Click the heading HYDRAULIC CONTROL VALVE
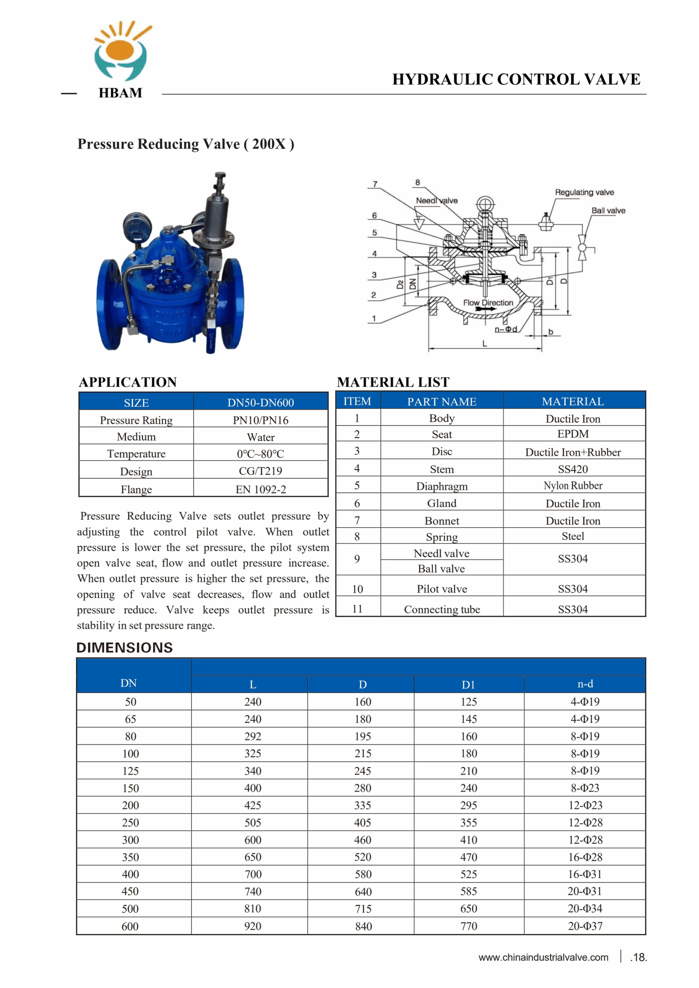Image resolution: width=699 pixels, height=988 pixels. click(x=516, y=80)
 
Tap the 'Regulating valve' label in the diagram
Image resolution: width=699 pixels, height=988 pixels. click(x=584, y=192)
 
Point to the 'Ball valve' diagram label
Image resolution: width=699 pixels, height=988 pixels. click(x=608, y=210)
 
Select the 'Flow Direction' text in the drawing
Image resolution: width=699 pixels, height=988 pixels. click(x=487, y=303)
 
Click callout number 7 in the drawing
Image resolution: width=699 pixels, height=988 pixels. click(x=375, y=184)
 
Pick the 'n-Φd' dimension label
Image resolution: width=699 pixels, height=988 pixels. click(x=505, y=329)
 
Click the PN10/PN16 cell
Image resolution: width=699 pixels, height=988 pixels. click(x=261, y=420)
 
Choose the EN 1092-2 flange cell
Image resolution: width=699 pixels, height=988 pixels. click(x=261, y=489)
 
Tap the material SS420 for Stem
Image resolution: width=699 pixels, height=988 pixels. click(x=572, y=469)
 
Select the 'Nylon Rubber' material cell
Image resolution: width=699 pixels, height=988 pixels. click(x=572, y=486)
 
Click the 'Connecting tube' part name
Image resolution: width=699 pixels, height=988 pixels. click(x=442, y=609)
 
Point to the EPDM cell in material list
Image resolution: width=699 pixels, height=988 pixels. click(x=572, y=434)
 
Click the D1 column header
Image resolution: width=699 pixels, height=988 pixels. click(x=468, y=685)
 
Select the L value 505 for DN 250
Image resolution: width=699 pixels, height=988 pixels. click(x=253, y=823)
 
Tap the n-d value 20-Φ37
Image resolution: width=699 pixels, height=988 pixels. click(x=584, y=926)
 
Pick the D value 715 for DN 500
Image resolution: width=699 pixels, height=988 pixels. click(x=362, y=909)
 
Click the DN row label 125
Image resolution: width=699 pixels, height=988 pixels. click(x=130, y=771)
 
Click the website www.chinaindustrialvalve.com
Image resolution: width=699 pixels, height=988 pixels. click(x=543, y=958)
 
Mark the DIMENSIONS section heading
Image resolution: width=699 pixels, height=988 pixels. click(x=124, y=648)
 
